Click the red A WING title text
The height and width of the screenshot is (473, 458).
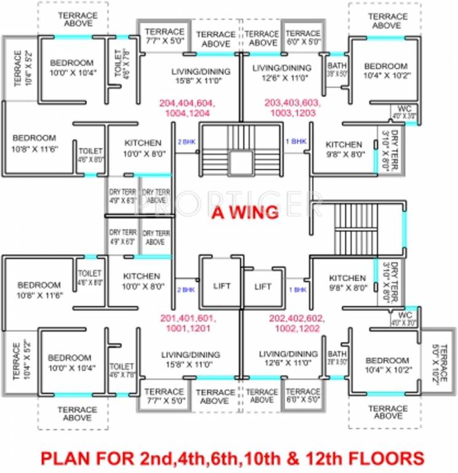pyautogui.click(x=245, y=212)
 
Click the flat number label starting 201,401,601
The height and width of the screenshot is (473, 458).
pyautogui.click(x=188, y=324)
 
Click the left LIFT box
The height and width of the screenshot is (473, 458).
pyautogui.click(x=221, y=286)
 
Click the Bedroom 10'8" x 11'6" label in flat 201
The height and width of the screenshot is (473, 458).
pyautogui.click(x=39, y=290)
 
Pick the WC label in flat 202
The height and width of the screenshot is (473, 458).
pyautogui.click(x=404, y=317)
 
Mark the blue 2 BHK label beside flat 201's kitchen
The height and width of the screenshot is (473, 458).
pyautogui.click(x=185, y=289)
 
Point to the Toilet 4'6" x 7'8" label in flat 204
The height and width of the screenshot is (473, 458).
pyautogui.click(x=122, y=62)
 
